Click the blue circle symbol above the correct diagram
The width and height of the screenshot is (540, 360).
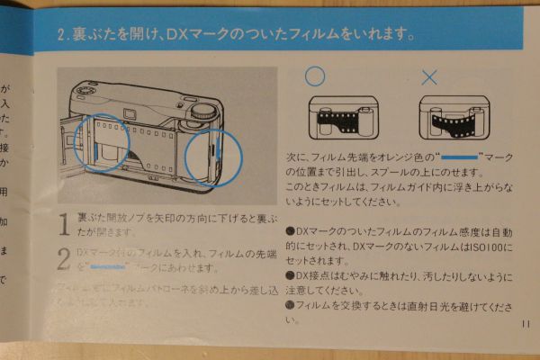(314, 76)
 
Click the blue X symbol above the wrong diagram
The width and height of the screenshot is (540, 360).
(429, 77)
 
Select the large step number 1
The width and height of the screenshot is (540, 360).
(63, 224)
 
